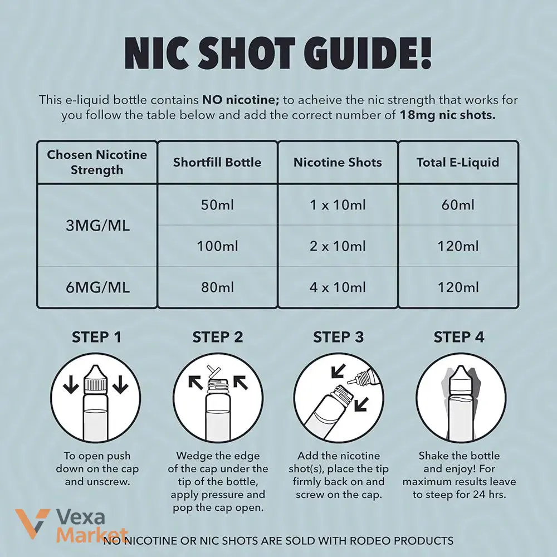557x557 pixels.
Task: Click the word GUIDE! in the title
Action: (370, 53)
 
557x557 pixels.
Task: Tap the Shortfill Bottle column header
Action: (217, 162)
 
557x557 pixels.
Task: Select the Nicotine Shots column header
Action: (338, 162)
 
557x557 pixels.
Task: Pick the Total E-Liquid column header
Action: (458, 162)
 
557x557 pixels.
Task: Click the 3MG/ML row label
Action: (97, 226)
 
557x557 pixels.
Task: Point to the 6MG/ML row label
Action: (97, 287)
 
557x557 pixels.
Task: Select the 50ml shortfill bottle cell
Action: (217, 205)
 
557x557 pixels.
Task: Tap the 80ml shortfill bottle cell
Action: (217, 287)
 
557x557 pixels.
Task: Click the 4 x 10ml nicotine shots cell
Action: (338, 287)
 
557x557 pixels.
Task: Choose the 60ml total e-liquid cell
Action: (458, 205)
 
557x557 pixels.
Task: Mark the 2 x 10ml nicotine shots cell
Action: (338, 246)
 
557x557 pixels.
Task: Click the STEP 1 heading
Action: (96, 337)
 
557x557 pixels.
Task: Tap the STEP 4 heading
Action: (458, 337)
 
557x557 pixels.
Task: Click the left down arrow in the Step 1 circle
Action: (71, 385)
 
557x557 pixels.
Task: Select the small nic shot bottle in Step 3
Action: (363, 378)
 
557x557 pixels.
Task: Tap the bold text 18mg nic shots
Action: (447, 115)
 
